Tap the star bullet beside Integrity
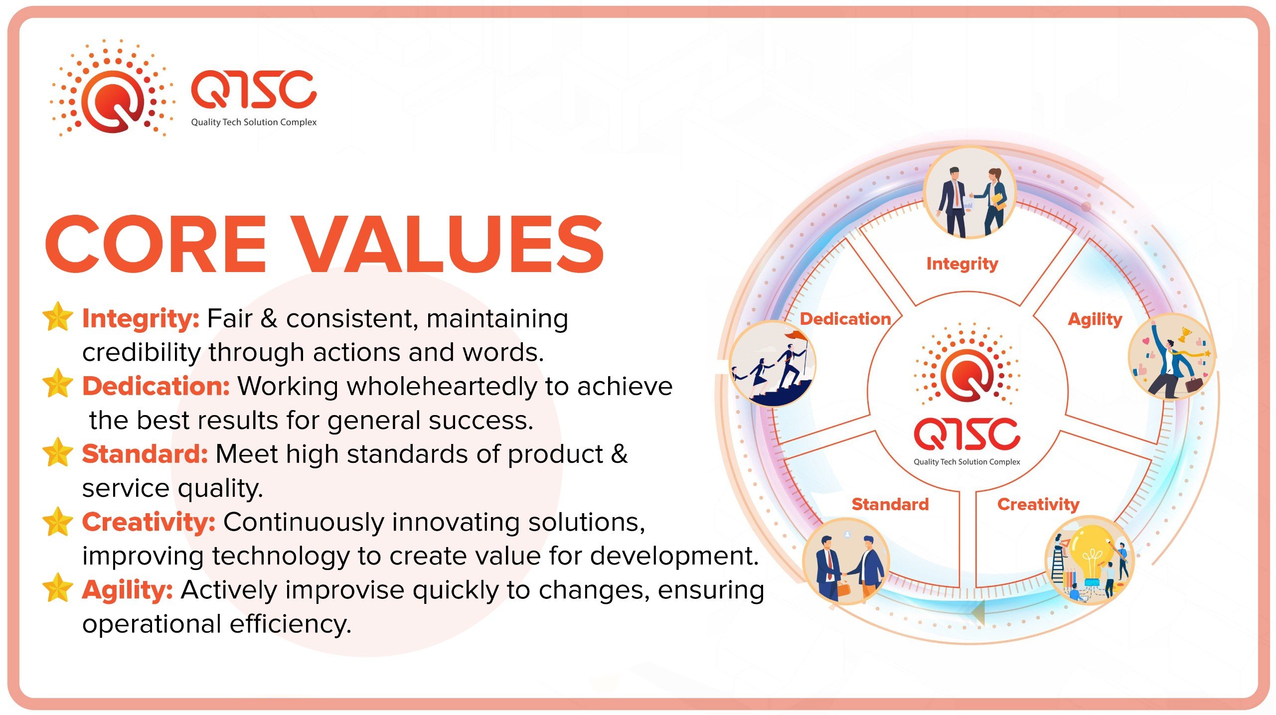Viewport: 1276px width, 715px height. pyautogui.click(x=58, y=316)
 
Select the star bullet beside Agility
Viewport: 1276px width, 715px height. pyautogui.click(x=58, y=587)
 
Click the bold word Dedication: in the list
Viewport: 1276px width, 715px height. pyautogui.click(x=156, y=386)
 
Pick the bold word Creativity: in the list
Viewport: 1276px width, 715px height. pyautogui.click(x=149, y=522)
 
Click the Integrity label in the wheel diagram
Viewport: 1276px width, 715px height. pyautogui.click(x=962, y=264)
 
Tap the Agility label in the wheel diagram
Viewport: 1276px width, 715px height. pyautogui.click(x=1095, y=319)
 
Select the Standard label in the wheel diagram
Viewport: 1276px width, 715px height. pyautogui.click(x=890, y=504)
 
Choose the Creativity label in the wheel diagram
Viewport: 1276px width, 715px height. pyautogui.click(x=1038, y=505)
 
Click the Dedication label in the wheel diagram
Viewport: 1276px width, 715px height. pyautogui.click(x=845, y=319)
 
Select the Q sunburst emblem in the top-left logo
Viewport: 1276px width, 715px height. pyautogui.click(x=113, y=89)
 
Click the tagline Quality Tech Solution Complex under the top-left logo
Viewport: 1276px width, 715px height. pyautogui.click(x=254, y=123)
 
